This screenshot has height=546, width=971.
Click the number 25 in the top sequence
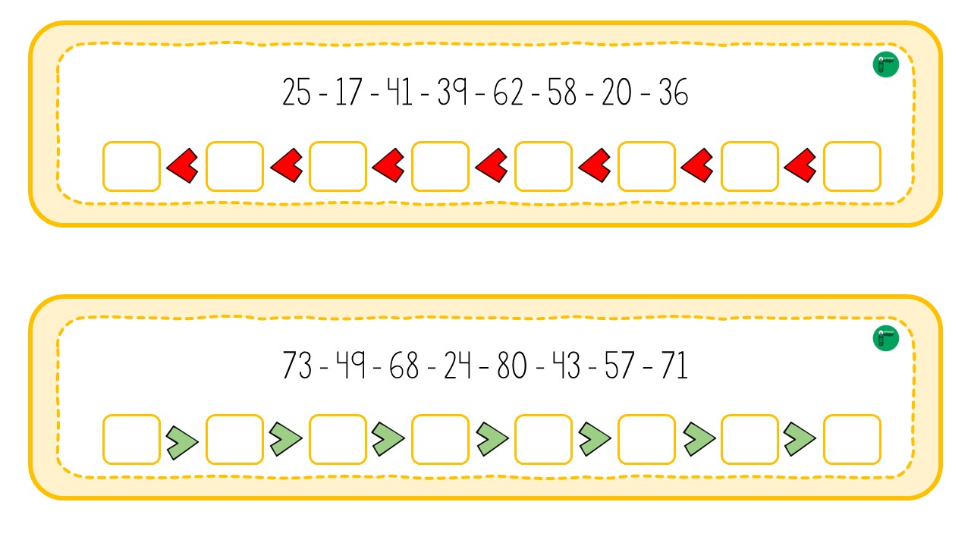297,92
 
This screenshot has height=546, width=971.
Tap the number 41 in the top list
399,92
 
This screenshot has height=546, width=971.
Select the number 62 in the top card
508,92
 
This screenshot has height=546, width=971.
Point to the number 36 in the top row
673,92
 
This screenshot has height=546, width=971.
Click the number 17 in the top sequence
348,92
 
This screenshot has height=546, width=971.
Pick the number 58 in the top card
562,92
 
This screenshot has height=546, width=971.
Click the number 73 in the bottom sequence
297,366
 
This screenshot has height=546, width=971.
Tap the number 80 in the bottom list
512,366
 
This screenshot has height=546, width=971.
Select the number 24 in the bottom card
457,366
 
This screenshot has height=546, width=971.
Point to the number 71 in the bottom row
674,366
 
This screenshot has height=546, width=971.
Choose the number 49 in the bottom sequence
350,366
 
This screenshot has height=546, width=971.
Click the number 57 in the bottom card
620,366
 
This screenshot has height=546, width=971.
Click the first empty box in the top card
132,166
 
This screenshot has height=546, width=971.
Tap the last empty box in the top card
852,166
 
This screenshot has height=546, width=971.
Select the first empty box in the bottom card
132,439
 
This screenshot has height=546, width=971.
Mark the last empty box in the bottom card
852,439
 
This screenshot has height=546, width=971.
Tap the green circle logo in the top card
885,64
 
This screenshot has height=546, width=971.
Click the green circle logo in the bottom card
885,338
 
